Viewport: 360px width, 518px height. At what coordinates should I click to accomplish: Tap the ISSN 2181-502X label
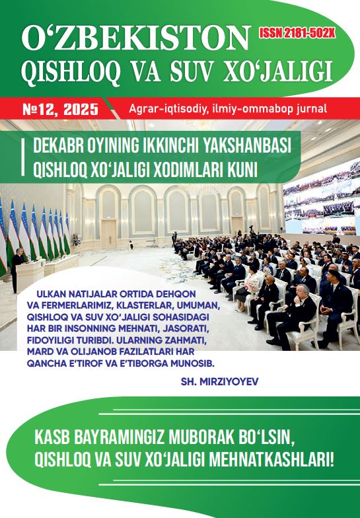coord(297,32)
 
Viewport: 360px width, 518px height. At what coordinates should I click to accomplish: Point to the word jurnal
coord(308,108)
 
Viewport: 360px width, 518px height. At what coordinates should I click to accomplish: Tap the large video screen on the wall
coord(322,198)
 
